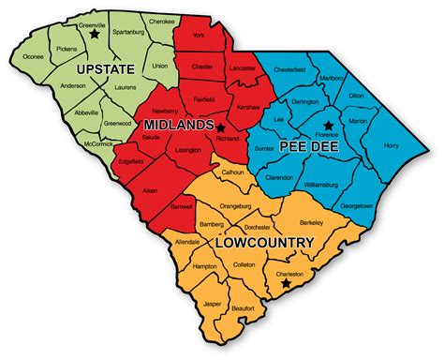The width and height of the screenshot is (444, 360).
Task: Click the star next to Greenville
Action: point(94,34)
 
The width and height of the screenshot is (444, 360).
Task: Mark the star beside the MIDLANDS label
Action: point(221,125)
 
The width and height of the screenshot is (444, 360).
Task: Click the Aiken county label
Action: point(149,188)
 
